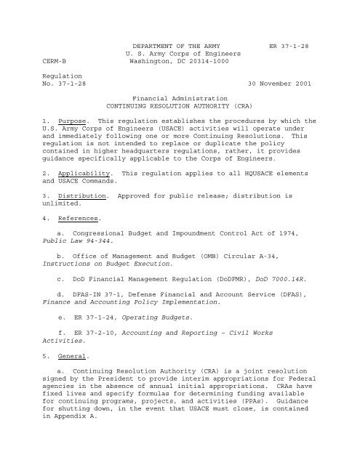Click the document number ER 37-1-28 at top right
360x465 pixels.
pos(290,45)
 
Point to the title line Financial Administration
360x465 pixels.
pos(180,97)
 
